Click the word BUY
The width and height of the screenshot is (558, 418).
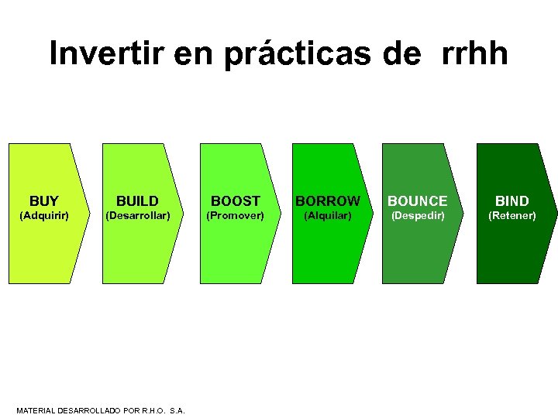point(44,201)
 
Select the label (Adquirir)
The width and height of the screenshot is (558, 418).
point(44,215)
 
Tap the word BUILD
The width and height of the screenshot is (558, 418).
point(137,201)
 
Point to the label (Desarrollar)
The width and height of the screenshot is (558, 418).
point(137,215)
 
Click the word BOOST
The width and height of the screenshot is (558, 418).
point(236,201)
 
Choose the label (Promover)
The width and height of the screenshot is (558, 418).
point(235,215)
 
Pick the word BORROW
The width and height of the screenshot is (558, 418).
point(327,201)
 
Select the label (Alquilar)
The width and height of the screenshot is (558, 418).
point(327,215)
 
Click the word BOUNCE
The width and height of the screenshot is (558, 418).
point(418,201)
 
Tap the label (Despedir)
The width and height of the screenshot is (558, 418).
point(418,215)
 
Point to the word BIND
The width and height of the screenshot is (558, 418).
point(512,201)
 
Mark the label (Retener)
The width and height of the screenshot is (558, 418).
point(511,215)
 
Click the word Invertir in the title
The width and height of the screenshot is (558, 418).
point(104,54)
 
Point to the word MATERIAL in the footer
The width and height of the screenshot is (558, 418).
point(36,410)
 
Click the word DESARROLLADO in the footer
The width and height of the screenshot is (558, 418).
point(88,410)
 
